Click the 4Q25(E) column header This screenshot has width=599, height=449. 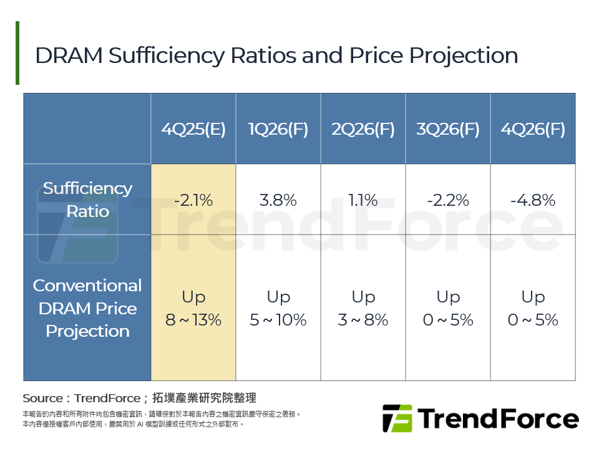pyautogui.click(x=193, y=129)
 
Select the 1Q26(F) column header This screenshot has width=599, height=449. pyautogui.click(x=278, y=129)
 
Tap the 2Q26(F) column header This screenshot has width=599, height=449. pyautogui.click(x=363, y=129)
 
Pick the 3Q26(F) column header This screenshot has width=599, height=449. pyautogui.click(x=448, y=129)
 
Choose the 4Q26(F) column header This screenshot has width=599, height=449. pyautogui.click(x=533, y=129)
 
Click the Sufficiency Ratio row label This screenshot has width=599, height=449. pyautogui.click(x=87, y=200)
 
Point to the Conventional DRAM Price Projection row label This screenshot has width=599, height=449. pyautogui.click(x=87, y=308)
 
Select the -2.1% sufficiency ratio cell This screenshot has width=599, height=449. pyautogui.click(x=193, y=201)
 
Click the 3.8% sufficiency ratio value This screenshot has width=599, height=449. pyautogui.click(x=278, y=201)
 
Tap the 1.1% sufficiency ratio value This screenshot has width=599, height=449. pyautogui.click(x=363, y=201)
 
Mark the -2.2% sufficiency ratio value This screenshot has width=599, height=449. pyautogui.click(x=448, y=201)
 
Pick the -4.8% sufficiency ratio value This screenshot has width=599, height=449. pyautogui.click(x=533, y=201)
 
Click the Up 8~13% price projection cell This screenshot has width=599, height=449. pyautogui.click(x=193, y=309)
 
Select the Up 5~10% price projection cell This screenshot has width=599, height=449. pyautogui.click(x=278, y=309)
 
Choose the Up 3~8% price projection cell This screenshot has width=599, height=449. pyautogui.click(x=363, y=309)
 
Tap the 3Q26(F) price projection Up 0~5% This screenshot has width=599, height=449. pyautogui.click(x=448, y=309)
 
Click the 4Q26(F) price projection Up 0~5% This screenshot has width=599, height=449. pyautogui.click(x=533, y=309)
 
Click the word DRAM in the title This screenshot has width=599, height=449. pyautogui.click(x=69, y=56)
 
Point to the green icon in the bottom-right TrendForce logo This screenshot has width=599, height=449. pyautogui.click(x=397, y=418)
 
